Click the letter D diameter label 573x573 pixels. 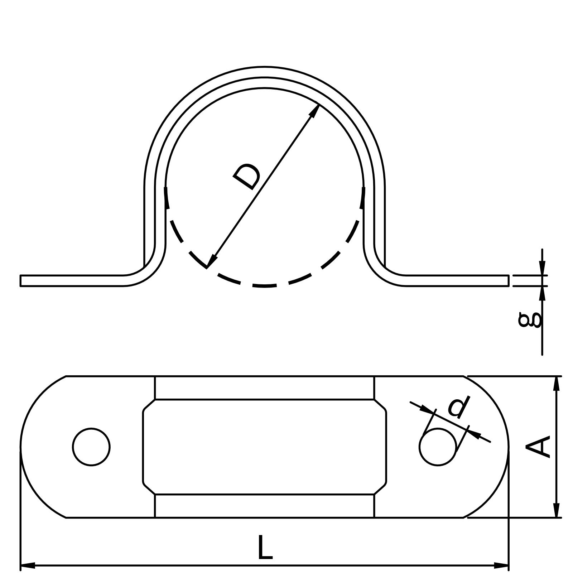pos(247,176)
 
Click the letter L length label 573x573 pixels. pos(265,547)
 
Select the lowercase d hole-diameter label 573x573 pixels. pos(459,408)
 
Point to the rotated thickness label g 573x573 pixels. pos(530,319)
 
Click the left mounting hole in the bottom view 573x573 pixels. pos(91,447)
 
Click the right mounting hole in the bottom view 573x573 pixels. pos(438,447)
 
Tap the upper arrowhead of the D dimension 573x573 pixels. pos(315,110)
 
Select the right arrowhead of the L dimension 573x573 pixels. pos(501,566)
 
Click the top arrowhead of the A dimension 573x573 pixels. pos(556,383)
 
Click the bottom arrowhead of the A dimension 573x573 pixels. pos(556,510)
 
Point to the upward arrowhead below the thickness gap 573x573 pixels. pos(542,293)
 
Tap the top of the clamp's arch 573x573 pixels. pos(264,72)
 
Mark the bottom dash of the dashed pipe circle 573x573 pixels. pos(264,285)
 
